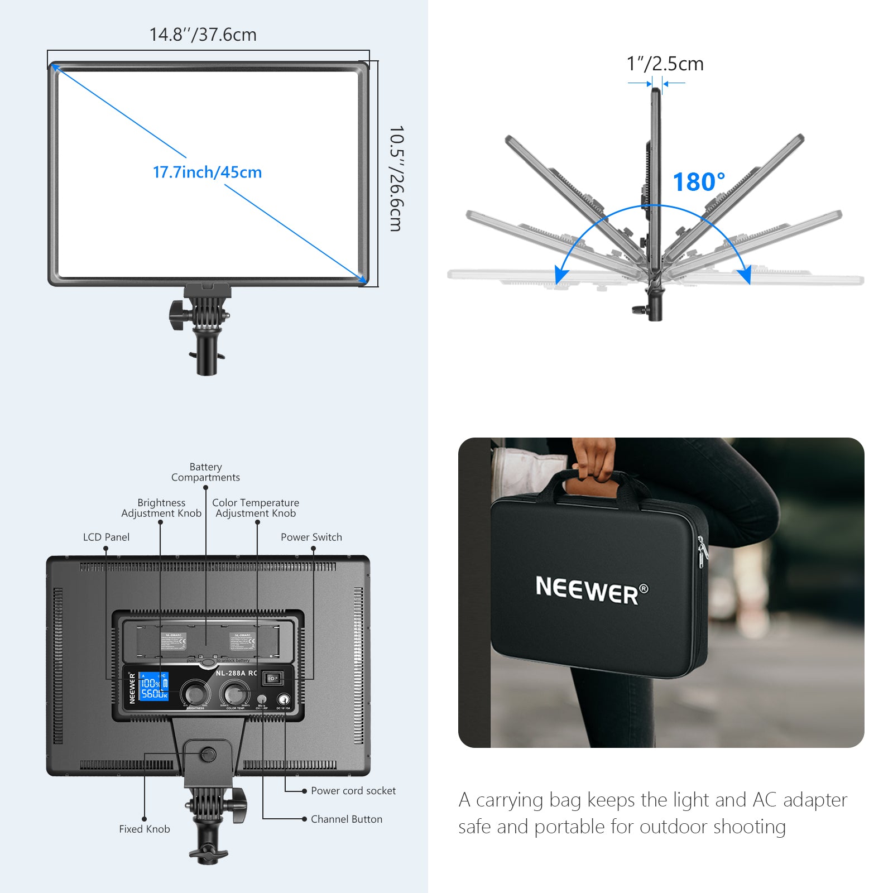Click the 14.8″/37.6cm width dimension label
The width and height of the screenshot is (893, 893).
click(x=203, y=35)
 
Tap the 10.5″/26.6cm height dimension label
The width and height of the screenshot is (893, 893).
click(x=396, y=178)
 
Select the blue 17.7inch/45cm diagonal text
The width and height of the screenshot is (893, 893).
click(x=207, y=172)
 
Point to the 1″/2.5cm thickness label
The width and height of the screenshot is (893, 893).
click(x=665, y=64)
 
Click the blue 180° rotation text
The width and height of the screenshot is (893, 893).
click(x=699, y=182)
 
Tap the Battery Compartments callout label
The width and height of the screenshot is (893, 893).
click(x=205, y=472)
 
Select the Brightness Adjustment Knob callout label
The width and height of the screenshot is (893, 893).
click(x=161, y=508)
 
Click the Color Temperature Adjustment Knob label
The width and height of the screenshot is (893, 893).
click(x=256, y=508)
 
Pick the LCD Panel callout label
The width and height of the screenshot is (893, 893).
click(x=106, y=537)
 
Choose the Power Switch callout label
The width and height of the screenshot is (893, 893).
click(x=311, y=537)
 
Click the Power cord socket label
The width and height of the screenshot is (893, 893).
click(x=353, y=790)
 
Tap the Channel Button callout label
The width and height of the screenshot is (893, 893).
click(x=347, y=819)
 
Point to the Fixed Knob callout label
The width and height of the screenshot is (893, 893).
click(x=144, y=829)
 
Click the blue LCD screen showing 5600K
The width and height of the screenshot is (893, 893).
click(x=153, y=686)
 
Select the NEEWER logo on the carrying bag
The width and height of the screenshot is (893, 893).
click(x=592, y=590)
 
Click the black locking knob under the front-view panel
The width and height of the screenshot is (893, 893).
click(x=177, y=315)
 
